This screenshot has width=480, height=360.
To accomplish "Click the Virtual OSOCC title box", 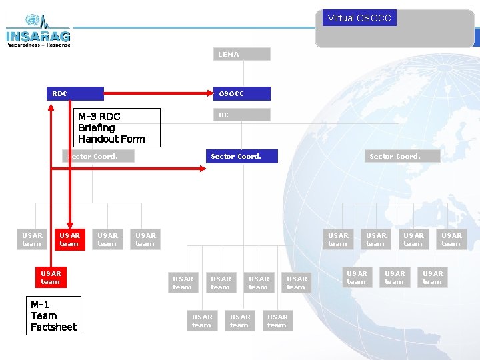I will (x=359, y=18).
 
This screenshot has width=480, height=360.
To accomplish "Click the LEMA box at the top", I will (x=242, y=54).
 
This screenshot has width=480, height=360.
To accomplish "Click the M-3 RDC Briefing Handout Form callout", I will (x=118, y=127).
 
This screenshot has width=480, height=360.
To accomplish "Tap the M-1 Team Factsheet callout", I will (x=54, y=315).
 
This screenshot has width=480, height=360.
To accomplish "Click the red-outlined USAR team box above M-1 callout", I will (x=51, y=277).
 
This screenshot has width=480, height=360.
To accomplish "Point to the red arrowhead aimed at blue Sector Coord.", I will (x=203, y=169).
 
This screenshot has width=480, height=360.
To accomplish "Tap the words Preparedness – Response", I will (x=39, y=45).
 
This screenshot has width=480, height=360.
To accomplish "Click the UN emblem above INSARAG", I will (x=32, y=20).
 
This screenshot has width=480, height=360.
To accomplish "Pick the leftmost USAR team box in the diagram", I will (x=32, y=239).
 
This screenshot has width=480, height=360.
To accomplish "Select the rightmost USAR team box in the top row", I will (x=451, y=239).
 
